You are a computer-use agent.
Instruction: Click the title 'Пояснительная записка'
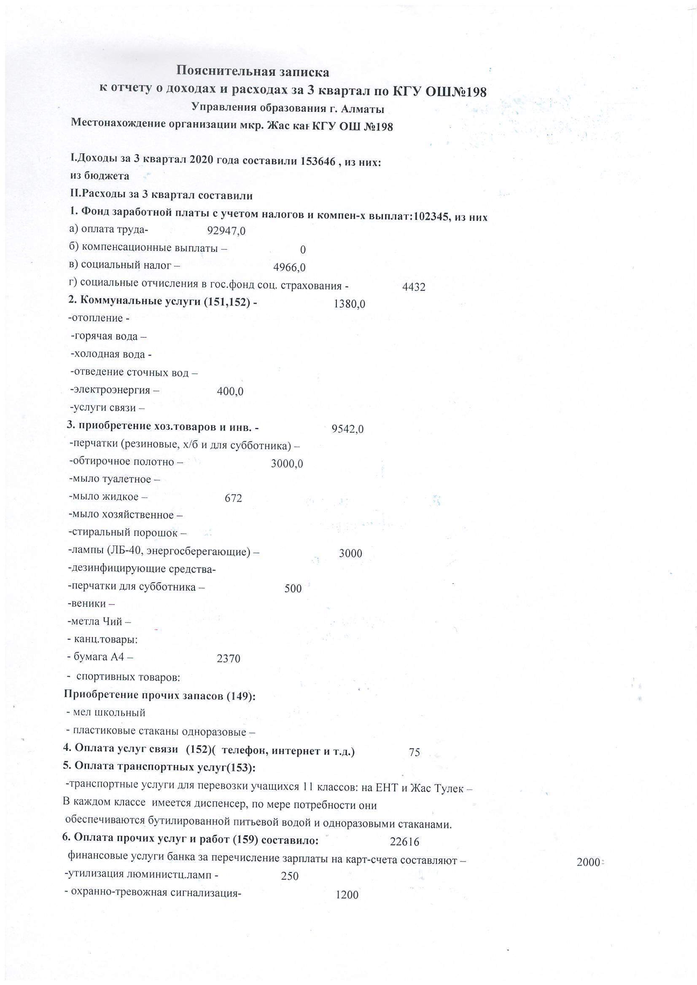[x=253, y=72]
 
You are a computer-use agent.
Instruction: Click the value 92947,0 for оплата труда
[x=226, y=231]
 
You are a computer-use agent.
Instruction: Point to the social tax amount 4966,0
[x=289, y=268]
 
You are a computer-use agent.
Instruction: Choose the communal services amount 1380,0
[x=350, y=304]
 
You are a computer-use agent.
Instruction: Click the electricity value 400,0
[x=230, y=391]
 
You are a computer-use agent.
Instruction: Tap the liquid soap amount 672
[x=233, y=498]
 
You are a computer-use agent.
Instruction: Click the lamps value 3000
[x=350, y=554]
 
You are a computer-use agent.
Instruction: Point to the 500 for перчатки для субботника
[x=293, y=589]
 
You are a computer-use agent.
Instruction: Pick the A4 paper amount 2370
[x=229, y=658]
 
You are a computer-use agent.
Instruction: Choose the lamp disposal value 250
[x=289, y=876]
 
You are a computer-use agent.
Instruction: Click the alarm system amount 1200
[x=347, y=895]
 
